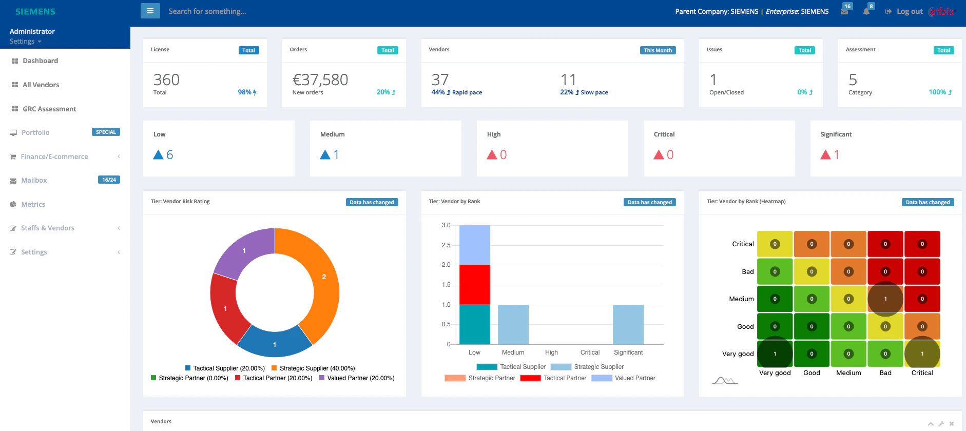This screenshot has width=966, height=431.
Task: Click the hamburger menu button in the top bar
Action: [x=150, y=11]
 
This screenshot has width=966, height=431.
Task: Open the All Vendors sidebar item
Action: [x=41, y=85]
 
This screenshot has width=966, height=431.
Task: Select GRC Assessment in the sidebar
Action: [x=49, y=109]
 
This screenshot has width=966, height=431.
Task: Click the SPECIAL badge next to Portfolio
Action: [x=106, y=132]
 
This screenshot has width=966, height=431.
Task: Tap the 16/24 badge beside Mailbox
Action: [x=109, y=180]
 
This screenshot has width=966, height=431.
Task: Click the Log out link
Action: [x=909, y=11]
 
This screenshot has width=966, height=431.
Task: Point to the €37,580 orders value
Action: [x=320, y=80]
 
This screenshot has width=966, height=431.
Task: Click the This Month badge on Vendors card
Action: [x=658, y=50]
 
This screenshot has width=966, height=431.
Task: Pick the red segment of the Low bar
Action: [x=474, y=284]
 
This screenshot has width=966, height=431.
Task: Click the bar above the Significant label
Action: [x=628, y=324]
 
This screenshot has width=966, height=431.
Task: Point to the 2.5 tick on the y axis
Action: [x=446, y=245]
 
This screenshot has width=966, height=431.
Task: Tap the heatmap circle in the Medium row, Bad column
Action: [x=885, y=299]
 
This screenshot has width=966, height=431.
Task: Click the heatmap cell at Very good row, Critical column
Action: [x=922, y=354]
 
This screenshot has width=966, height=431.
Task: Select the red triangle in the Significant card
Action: [x=825, y=154]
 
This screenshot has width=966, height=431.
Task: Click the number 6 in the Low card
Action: [x=170, y=154]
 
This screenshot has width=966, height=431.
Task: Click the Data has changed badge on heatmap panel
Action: [x=928, y=202]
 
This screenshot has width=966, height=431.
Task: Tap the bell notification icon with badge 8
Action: [x=866, y=11]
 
